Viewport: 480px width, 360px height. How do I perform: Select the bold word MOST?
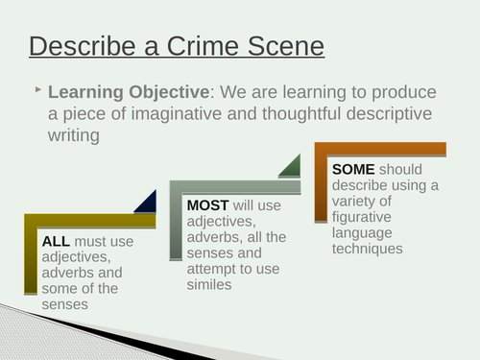point(208,204)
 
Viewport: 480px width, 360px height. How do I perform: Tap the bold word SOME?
point(353,168)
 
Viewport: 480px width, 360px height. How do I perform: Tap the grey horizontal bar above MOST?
point(240,185)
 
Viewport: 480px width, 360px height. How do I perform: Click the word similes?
point(211,283)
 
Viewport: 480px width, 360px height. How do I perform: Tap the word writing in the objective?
point(74,137)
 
